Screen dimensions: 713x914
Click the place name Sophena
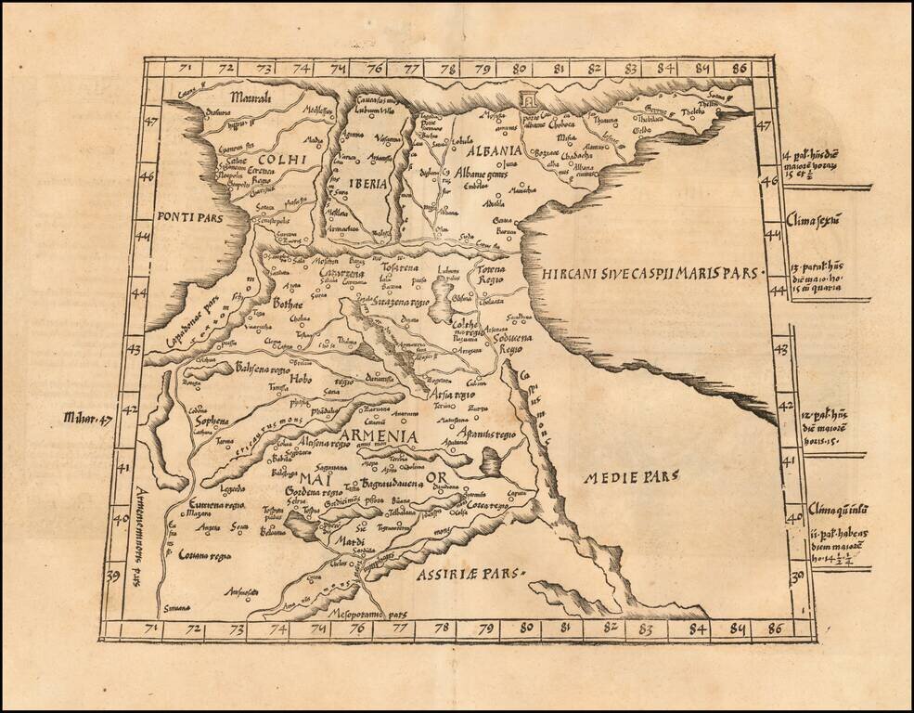(210, 421)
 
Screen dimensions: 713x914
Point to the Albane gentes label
(481, 174)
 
